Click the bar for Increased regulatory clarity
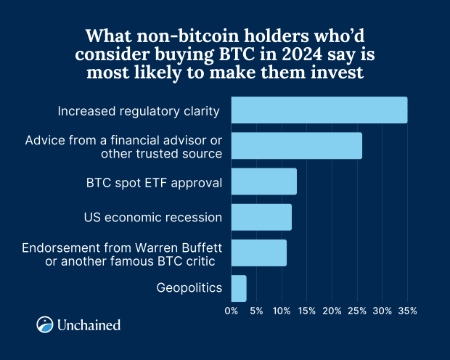[x=319, y=110]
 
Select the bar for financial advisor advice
[x=296, y=146]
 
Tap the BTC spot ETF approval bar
[x=264, y=181]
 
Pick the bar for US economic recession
[x=261, y=217]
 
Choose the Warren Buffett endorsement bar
[x=259, y=253]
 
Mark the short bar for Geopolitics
[x=239, y=288]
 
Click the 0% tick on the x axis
[x=232, y=311]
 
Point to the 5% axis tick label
[x=256, y=311]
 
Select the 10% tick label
[x=282, y=311]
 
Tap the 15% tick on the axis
[x=306, y=311]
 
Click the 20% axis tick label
[x=332, y=311]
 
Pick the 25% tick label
[x=357, y=311]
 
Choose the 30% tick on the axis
[x=382, y=311]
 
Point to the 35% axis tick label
[x=407, y=311]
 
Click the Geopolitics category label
[x=189, y=288]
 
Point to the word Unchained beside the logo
[x=89, y=325]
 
